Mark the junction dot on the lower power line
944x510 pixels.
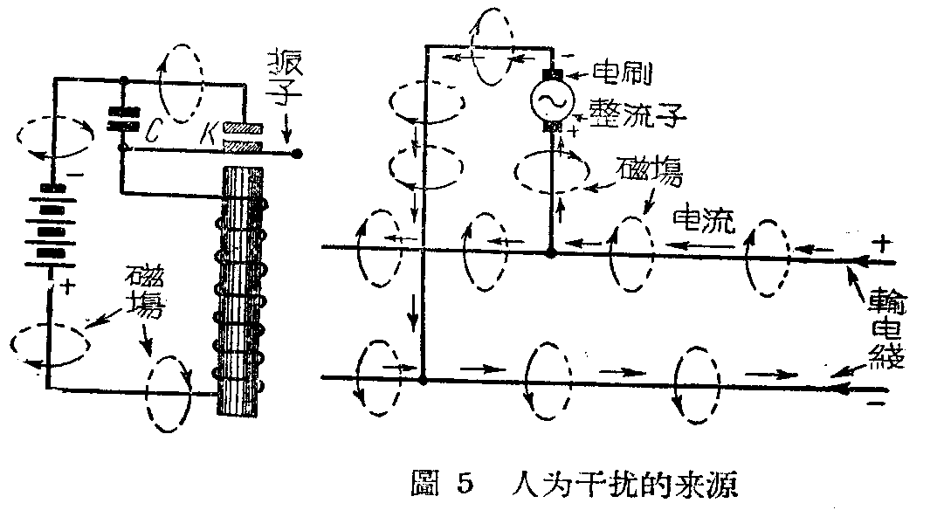pos(423,380)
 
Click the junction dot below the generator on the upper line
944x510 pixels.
pos(550,253)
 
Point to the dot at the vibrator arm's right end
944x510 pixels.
pos(297,154)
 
